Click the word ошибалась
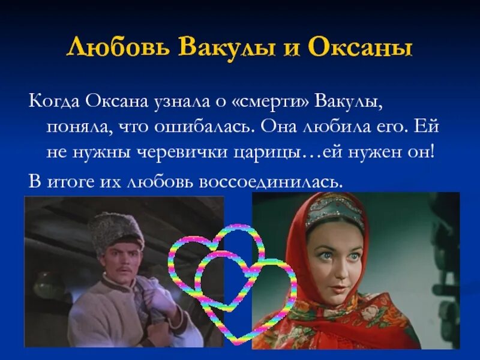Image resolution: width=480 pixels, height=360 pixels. [220, 127]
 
